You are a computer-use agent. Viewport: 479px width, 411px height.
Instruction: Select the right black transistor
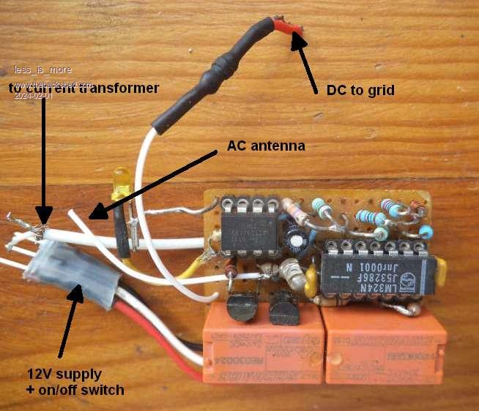[x=283, y=310]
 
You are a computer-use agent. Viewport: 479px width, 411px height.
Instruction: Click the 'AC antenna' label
[x=266, y=146]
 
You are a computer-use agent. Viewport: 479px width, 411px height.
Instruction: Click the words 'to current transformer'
[x=84, y=88]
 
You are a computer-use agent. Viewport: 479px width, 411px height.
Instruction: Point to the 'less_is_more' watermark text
[x=42, y=71]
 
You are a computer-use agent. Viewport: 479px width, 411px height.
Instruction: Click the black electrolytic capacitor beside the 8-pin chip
[x=297, y=240]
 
